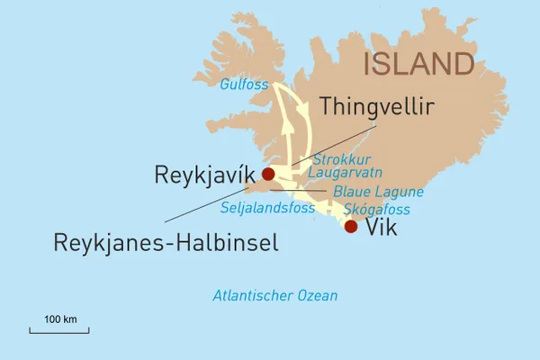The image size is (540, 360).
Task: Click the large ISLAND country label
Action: click(419, 64)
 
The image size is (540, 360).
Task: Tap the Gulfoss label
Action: click(243, 85)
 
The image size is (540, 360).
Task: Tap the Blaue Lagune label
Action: click(378, 192)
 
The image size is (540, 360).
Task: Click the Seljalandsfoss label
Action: click(267, 208)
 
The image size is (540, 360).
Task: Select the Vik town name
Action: click(382, 228)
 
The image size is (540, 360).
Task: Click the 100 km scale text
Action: click(60, 319)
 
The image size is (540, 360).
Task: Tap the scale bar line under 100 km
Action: click(60, 331)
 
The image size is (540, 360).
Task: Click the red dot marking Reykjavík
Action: click(267, 175)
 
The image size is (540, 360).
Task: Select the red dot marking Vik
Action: click(351, 227)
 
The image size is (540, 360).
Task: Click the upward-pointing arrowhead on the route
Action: click(287, 125)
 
